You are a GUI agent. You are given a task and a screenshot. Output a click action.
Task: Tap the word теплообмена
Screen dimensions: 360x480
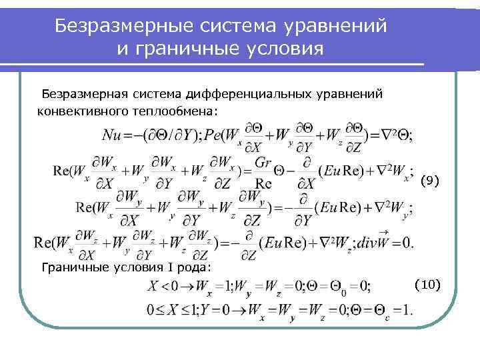tap(179, 109)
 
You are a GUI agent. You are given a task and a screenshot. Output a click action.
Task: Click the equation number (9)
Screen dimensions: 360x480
tap(429, 181)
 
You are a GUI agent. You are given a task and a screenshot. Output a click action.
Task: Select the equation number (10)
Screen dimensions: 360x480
tap(428, 285)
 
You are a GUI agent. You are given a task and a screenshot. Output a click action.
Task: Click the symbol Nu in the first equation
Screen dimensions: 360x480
tap(114, 135)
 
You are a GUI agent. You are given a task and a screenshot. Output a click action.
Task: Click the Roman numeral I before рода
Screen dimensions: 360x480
tap(167, 267)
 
